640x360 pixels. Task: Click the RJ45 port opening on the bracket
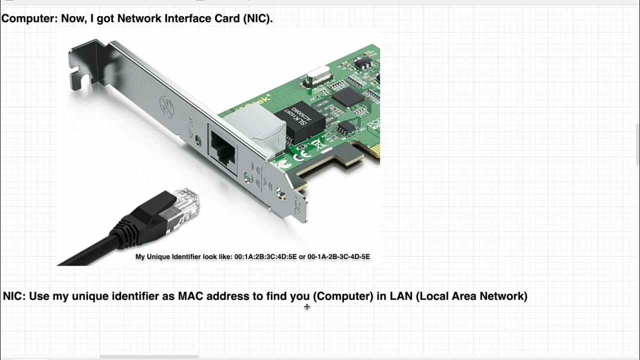coord(223,144)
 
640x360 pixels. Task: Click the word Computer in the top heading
coord(29,19)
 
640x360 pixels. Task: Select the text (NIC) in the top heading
coord(258,19)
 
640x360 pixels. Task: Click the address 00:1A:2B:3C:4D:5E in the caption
coord(265,256)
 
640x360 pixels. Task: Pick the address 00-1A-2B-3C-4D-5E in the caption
coord(338,256)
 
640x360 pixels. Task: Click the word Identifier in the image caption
coord(182,256)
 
